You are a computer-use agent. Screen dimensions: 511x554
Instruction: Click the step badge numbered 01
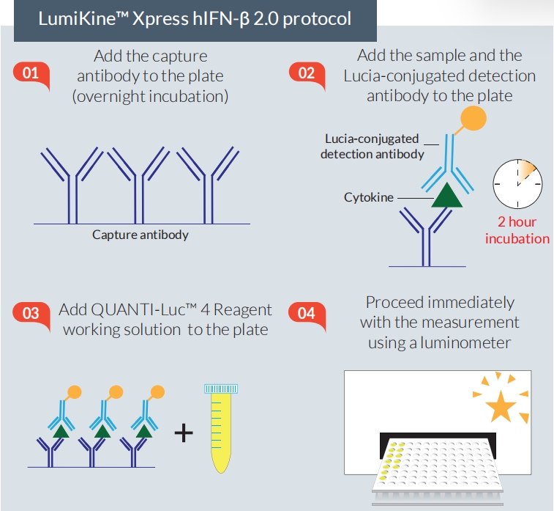click(31, 73)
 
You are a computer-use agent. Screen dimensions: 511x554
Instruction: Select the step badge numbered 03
click(31, 314)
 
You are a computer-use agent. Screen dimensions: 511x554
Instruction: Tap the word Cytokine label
click(369, 198)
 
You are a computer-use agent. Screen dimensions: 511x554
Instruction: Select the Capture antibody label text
click(141, 235)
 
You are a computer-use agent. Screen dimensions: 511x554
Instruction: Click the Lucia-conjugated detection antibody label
click(373, 146)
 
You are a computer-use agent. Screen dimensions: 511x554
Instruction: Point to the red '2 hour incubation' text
click(517, 230)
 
